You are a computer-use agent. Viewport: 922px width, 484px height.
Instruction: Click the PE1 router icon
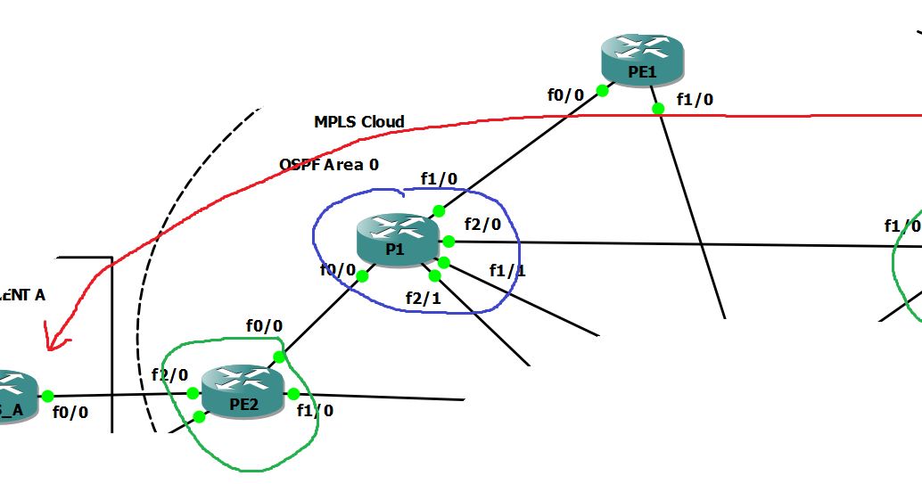642,59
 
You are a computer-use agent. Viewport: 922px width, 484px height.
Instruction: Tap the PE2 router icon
243,390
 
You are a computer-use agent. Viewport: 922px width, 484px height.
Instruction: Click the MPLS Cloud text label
358,122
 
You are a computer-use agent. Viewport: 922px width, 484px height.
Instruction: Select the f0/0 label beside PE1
565,94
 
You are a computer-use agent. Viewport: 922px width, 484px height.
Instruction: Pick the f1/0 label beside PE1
695,99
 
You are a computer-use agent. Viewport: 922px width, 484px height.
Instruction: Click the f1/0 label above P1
439,179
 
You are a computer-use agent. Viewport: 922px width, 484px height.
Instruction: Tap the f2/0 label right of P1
482,224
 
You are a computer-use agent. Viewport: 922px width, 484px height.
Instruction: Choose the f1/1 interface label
506,269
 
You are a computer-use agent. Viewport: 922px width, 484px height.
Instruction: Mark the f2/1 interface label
423,299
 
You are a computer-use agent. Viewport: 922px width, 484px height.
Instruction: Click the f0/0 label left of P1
338,269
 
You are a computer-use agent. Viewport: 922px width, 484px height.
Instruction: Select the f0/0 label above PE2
264,326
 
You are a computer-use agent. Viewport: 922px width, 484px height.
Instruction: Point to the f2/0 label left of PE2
169,375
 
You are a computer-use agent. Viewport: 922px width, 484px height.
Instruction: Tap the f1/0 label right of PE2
315,411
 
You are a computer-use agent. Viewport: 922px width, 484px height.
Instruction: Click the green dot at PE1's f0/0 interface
602,90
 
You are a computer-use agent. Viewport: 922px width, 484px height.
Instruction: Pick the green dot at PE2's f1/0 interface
293,394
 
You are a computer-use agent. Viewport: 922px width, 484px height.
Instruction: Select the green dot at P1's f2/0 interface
449,242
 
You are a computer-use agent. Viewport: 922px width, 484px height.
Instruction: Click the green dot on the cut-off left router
47,396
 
